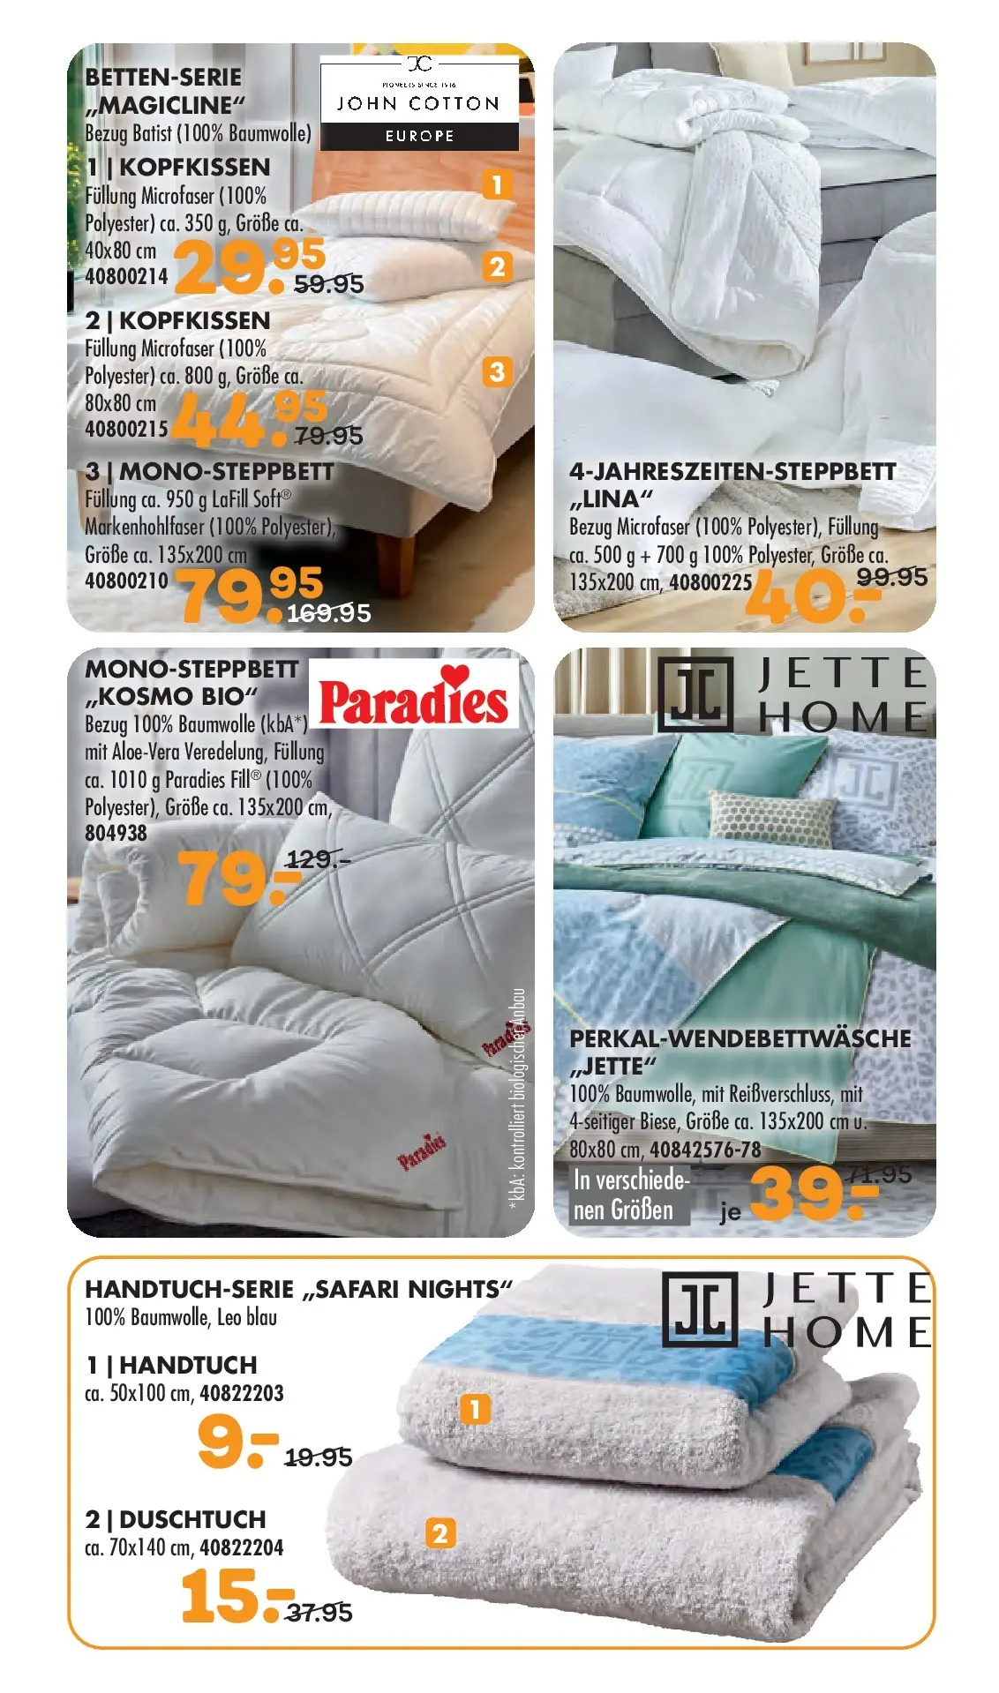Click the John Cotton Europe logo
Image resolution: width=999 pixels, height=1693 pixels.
(419, 102)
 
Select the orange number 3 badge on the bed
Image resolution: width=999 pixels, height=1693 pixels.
(497, 371)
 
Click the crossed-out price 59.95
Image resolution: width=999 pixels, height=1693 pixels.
(328, 284)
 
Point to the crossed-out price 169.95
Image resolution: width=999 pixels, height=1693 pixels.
(328, 613)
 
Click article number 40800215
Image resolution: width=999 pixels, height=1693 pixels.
(126, 430)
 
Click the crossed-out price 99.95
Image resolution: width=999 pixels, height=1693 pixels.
(891, 577)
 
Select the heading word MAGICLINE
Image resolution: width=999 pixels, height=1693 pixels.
(165, 106)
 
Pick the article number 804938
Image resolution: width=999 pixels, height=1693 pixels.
(116, 833)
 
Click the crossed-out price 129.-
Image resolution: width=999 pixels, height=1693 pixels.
(317, 858)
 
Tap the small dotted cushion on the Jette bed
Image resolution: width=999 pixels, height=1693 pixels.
(771, 816)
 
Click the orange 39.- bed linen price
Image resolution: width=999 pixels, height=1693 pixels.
(812, 1193)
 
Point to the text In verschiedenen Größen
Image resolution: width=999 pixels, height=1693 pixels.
(630, 1195)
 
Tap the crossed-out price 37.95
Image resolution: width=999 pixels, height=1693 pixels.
(319, 1613)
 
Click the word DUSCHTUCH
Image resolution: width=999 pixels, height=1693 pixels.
(192, 1519)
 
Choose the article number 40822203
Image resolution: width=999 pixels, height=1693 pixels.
(241, 1394)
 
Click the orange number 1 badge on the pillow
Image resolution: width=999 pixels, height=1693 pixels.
(497, 184)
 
